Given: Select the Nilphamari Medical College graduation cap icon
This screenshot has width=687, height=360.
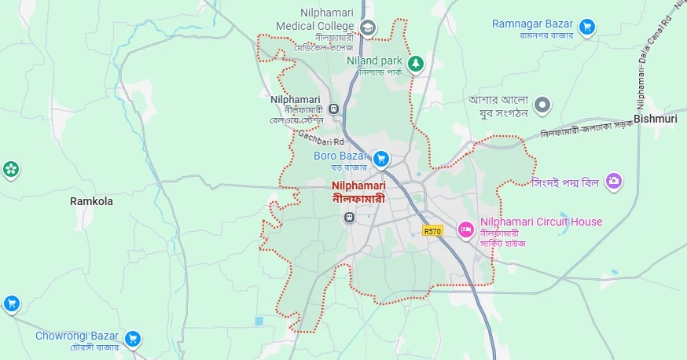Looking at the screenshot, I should click(x=366, y=28).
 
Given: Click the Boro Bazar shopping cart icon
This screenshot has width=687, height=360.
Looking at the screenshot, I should click(x=381, y=160).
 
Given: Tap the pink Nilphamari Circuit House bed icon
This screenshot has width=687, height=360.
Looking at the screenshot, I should click(x=465, y=229).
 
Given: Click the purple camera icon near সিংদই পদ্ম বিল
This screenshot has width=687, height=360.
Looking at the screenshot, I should click(x=614, y=182).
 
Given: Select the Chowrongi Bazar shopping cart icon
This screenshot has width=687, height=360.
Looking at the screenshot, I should click(x=133, y=339).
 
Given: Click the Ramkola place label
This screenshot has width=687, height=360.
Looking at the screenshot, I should click(x=91, y=201).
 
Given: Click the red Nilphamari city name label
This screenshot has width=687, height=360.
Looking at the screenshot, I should click(x=358, y=186).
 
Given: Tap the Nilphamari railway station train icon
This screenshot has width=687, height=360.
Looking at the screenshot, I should click(x=335, y=109).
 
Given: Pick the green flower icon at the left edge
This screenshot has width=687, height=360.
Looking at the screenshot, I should click(x=10, y=168).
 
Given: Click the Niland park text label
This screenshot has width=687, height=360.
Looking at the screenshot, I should click(x=375, y=61).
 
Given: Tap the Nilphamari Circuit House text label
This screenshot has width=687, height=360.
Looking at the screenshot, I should click(x=541, y=222).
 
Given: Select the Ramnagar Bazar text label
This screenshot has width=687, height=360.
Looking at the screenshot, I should click(x=534, y=24).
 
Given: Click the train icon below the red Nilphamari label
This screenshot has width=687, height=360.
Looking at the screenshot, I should click(x=349, y=216).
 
